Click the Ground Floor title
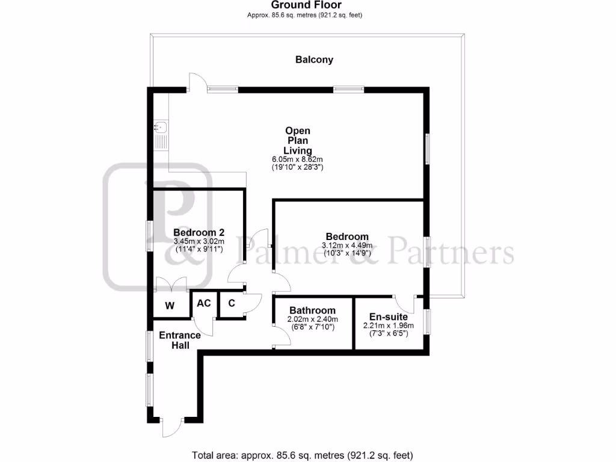(x=307, y=5)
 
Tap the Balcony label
(x=314, y=60)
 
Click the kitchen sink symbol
(x=161, y=127)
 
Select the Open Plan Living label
(x=298, y=140)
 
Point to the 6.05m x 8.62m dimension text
(x=298, y=159)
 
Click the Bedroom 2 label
(x=199, y=233)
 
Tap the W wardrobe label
(x=170, y=306)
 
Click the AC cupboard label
(x=204, y=303)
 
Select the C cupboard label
(x=231, y=303)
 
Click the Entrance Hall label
(x=180, y=340)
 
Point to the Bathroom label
(x=312, y=310)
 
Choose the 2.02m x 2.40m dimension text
(x=312, y=319)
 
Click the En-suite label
(x=389, y=317)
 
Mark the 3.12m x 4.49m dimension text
(x=347, y=245)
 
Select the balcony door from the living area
(x=197, y=82)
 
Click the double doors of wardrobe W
(x=171, y=285)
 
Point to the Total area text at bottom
(x=303, y=455)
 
